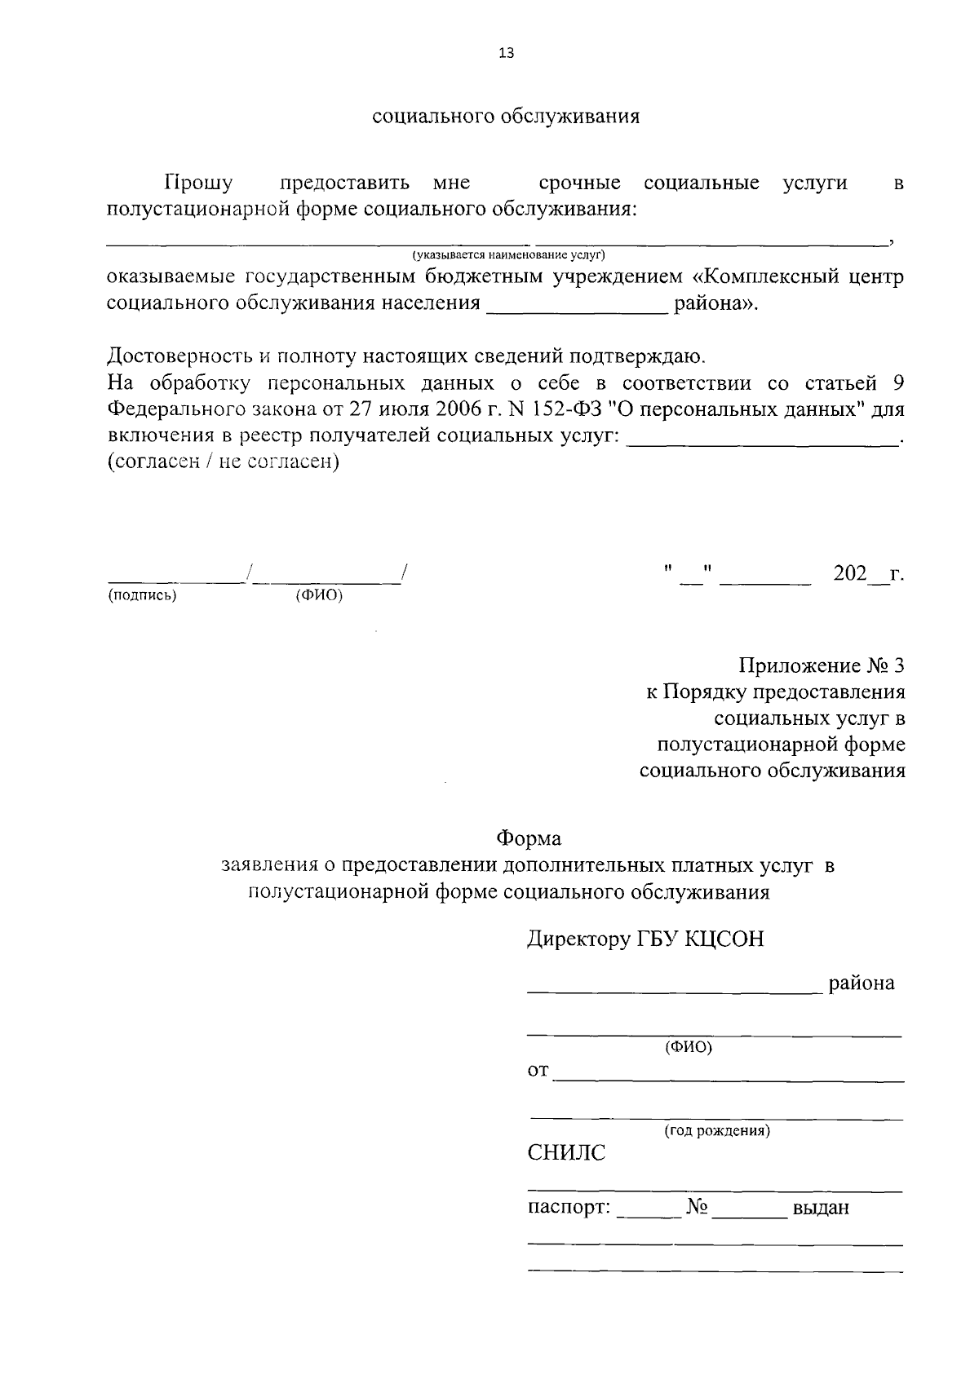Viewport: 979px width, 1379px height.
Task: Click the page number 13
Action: coord(506,54)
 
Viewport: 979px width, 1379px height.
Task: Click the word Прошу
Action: coord(198,183)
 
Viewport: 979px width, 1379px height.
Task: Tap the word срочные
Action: coord(579,183)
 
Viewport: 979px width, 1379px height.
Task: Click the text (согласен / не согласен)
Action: coord(223,462)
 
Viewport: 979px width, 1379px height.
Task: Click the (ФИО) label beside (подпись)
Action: coord(319,595)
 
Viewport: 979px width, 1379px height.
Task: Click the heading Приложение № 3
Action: coord(822,666)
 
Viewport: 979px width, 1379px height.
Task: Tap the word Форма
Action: coord(529,838)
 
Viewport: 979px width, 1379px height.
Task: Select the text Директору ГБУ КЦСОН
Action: coord(645,939)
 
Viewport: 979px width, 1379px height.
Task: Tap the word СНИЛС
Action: coord(567,1153)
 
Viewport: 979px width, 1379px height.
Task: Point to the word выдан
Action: coord(821,1208)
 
